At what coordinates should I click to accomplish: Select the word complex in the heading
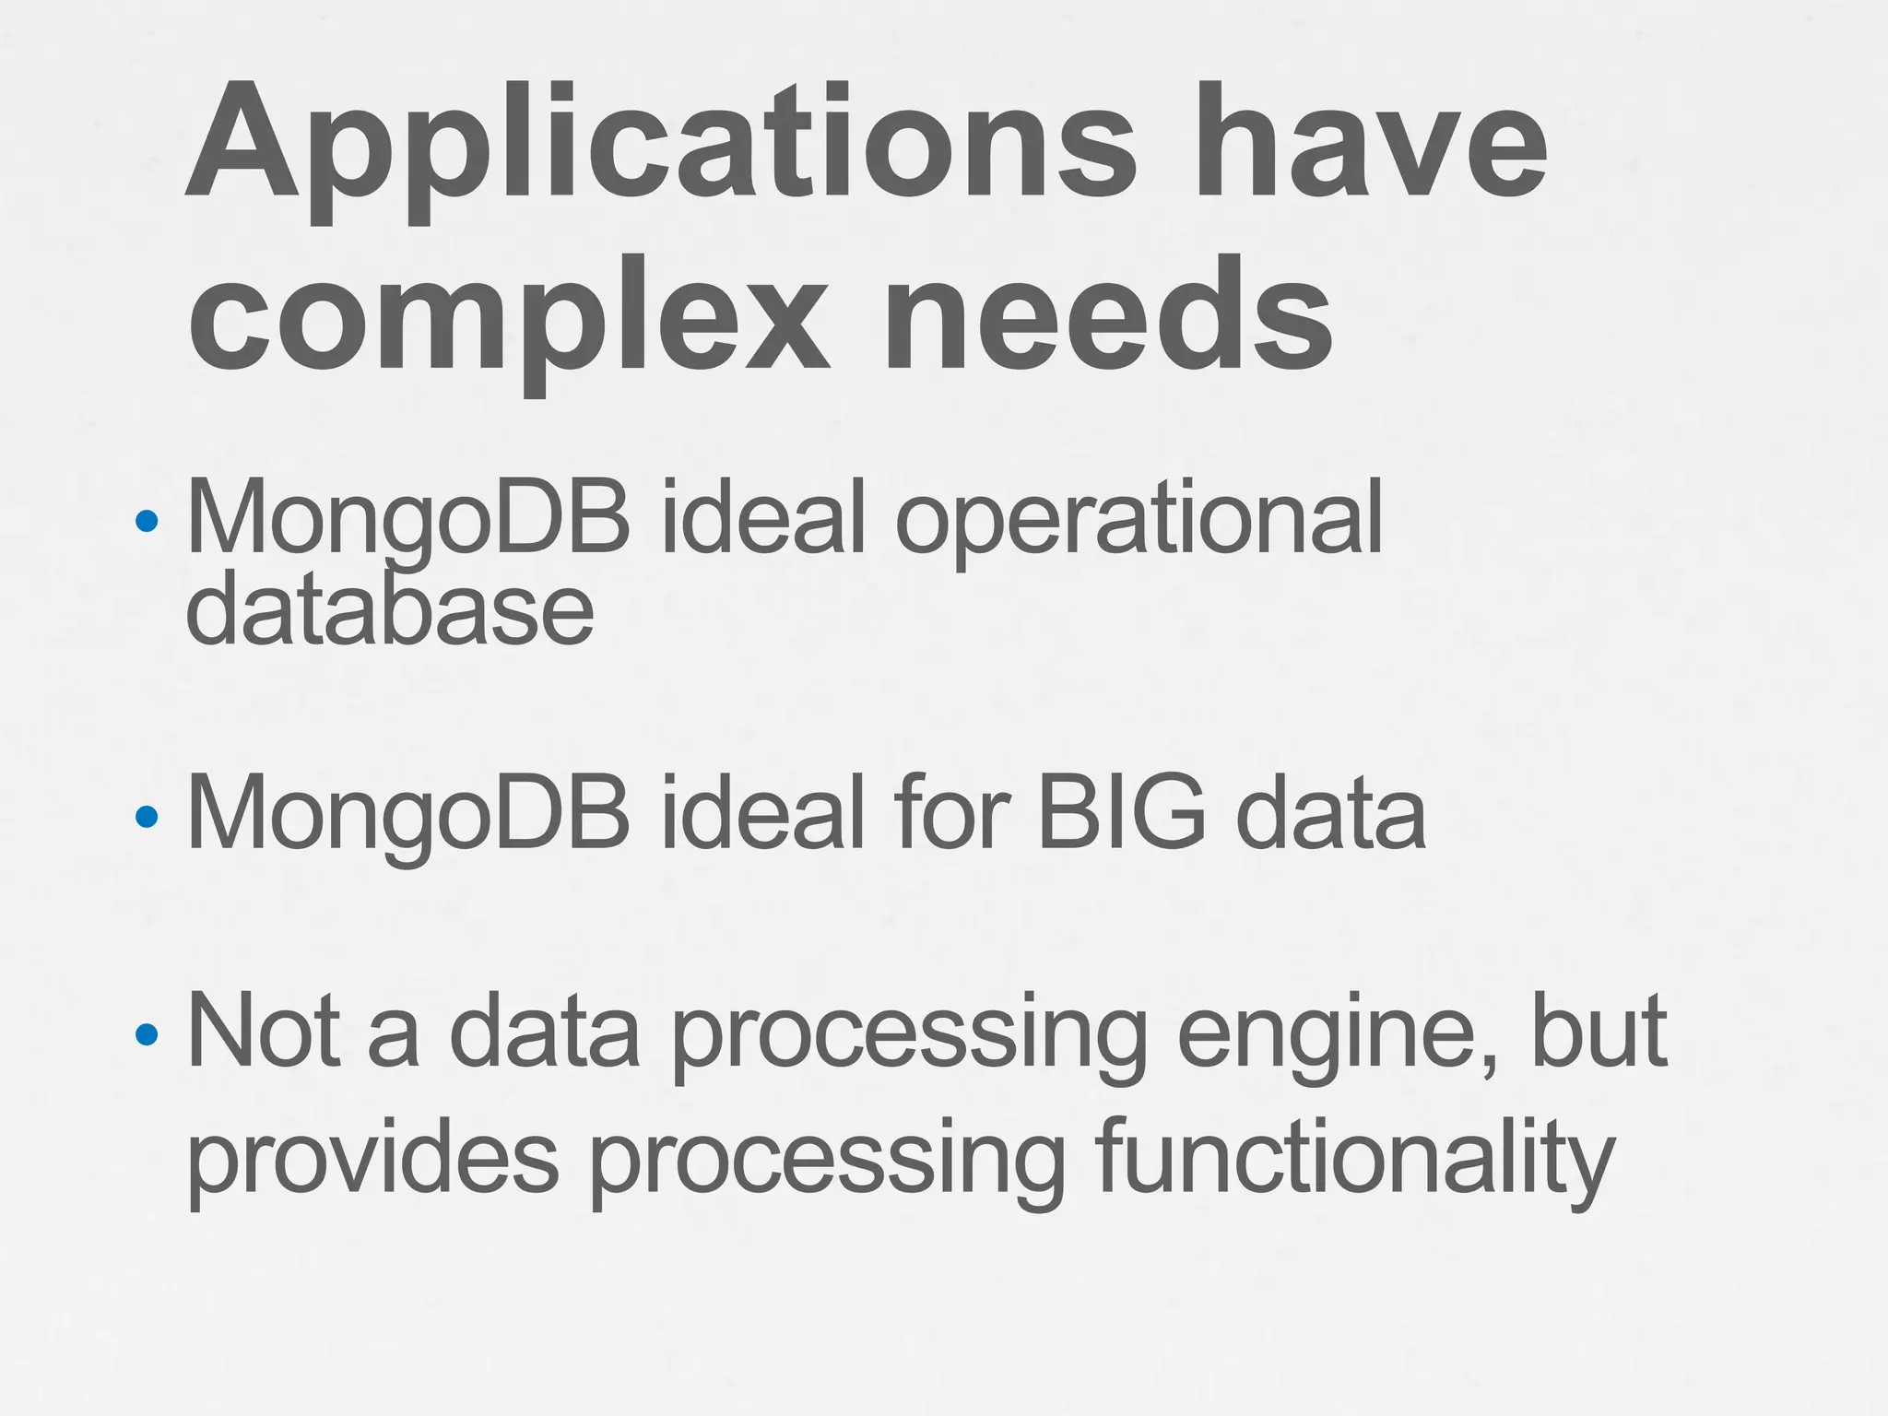tap(508, 318)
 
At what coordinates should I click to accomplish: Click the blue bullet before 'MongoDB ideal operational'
tap(147, 522)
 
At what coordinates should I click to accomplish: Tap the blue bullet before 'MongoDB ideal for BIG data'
tap(147, 817)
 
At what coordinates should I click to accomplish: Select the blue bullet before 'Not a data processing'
tap(147, 1034)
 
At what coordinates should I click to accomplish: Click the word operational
tap(1139, 520)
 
